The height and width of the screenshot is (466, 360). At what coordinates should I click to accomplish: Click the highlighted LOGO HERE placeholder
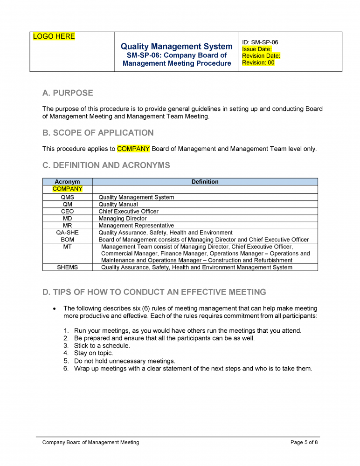point(54,36)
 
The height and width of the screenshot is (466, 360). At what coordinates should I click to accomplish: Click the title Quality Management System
point(176,46)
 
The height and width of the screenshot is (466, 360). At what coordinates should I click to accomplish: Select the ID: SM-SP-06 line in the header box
point(260,42)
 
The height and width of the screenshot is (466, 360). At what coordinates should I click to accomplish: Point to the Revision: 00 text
point(258,62)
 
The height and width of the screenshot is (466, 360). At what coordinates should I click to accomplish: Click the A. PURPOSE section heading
point(68,93)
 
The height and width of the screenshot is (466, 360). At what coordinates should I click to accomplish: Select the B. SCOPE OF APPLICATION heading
point(98,133)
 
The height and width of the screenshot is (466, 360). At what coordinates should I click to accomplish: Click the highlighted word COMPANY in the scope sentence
point(133,149)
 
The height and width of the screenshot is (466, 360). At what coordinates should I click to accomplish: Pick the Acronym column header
point(67,182)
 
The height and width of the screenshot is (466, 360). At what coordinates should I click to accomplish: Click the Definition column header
point(205,182)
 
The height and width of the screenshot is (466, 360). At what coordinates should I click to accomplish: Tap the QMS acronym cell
point(67,197)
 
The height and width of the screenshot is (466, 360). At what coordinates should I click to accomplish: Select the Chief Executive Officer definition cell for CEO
point(128,211)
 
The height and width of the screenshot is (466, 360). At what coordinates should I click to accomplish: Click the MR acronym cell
point(67,226)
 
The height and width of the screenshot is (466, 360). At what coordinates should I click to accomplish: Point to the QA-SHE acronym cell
point(67,233)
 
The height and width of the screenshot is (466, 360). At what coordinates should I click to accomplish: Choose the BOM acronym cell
point(67,240)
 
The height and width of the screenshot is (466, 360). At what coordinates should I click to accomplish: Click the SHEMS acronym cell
point(67,267)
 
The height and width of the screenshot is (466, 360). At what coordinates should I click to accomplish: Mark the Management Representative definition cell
point(136,226)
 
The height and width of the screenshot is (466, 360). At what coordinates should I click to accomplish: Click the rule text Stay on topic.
point(93,353)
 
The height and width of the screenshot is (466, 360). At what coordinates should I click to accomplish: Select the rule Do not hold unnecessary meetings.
point(125,361)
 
